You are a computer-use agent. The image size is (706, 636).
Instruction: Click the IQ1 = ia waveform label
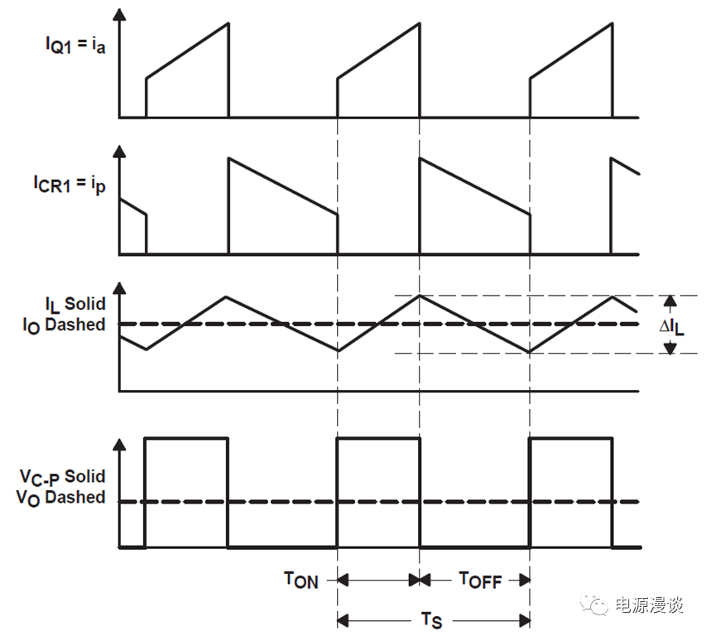75,46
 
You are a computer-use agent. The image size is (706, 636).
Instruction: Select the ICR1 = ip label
70,185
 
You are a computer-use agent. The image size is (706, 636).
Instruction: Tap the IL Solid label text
75,305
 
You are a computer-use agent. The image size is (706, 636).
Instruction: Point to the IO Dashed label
64,325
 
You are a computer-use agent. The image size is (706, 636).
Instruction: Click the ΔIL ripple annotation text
672,327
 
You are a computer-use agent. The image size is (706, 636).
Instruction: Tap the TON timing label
301,581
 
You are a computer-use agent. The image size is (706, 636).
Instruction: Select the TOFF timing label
480,581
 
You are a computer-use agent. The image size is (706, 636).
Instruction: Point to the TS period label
431,621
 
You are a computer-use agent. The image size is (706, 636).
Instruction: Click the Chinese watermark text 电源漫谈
649,605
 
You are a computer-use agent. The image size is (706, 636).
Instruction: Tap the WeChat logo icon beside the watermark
594,604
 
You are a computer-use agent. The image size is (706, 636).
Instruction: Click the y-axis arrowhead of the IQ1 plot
119,15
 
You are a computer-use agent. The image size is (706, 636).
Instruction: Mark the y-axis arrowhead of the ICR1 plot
119,152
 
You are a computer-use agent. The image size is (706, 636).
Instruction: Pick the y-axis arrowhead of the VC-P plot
119,445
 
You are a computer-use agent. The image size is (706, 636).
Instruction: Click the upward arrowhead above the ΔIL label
670,301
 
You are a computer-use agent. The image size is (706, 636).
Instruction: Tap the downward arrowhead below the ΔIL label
670,347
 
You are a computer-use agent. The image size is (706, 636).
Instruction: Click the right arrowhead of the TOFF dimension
524,581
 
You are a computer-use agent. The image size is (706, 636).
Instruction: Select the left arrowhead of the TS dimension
343,621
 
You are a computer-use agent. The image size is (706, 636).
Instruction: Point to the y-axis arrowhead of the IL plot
119,289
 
